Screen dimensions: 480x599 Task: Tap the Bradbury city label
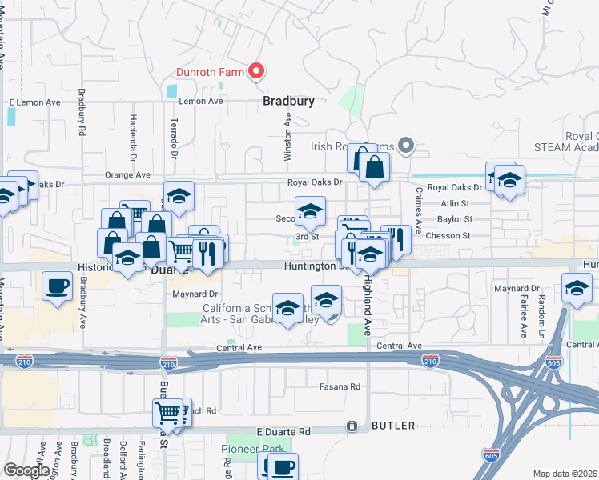[288, 102]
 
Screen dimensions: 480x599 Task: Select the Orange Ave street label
[127, 174]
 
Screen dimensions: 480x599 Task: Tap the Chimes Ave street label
[418, 203]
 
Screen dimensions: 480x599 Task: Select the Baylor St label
[456, 218]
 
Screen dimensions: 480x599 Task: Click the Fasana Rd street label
[340, 386]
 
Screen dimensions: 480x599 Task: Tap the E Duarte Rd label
[283, 431]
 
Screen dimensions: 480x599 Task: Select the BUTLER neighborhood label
[392, 426]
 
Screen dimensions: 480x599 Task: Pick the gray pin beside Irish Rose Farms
[406, 146]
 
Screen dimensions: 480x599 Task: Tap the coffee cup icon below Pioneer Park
[281, 467]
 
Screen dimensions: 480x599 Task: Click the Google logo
[26, 470]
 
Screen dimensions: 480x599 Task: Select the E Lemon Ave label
[34, 102]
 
